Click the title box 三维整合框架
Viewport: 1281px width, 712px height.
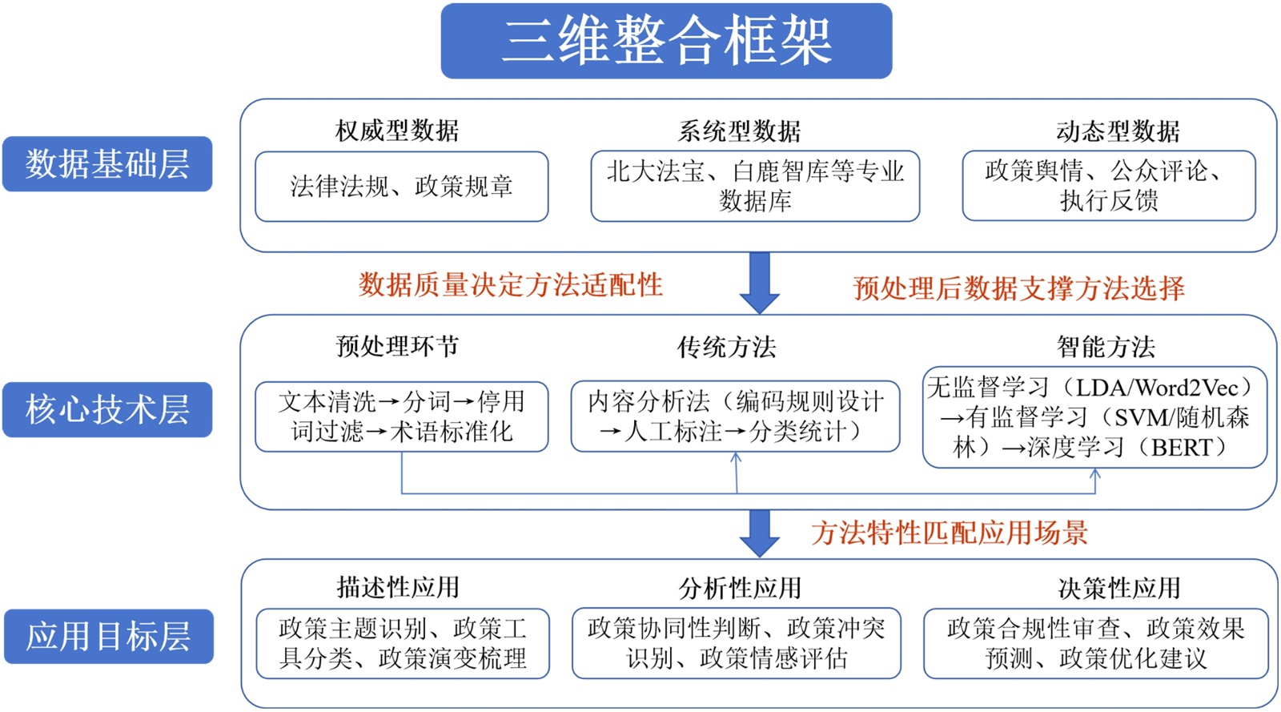666,41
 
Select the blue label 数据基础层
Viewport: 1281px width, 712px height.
107,164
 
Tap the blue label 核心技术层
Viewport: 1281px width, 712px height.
107,409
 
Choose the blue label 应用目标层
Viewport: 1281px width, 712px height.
109,637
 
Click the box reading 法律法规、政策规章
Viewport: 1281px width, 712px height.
401,187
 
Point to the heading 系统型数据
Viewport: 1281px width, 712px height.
739,131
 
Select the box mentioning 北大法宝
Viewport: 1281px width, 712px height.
755,186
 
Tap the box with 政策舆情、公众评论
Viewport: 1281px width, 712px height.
1109,186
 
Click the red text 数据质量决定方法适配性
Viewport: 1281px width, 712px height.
510,285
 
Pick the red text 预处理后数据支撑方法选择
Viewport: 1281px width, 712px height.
1018,288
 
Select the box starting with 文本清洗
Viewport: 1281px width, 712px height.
401,416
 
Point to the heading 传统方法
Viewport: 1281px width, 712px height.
726,347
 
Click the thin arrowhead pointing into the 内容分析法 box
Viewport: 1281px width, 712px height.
736,458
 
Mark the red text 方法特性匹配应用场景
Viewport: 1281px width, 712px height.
950,533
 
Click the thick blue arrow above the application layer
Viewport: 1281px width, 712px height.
760,533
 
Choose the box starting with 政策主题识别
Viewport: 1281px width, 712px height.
403,643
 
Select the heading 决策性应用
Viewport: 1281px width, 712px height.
1119,589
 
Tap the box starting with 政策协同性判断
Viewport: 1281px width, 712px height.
736,643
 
